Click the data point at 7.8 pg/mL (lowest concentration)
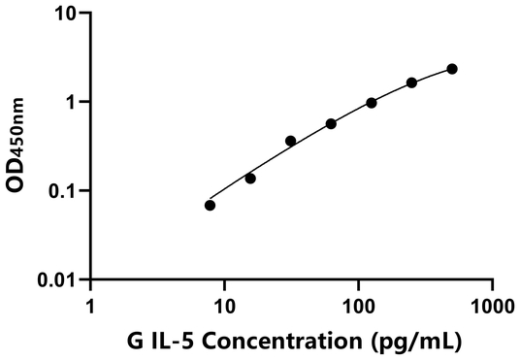tap(210, 205)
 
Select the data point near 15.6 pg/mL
tap(250, 178)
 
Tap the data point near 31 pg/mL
tap(290, 141)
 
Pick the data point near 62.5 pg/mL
tap(331, 123)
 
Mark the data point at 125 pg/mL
tap(372, 102)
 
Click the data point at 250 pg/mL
tap(411, 82)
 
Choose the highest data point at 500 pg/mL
tap(452, 69)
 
